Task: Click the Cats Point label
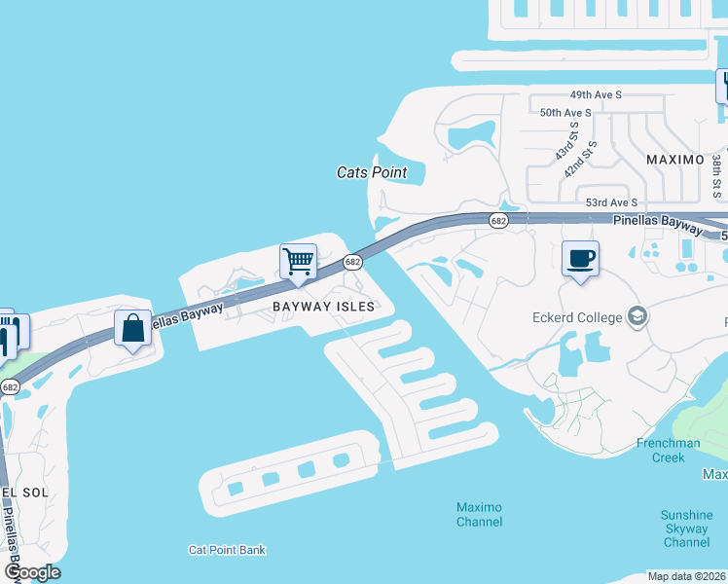(x=372, y=172)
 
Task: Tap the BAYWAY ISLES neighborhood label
(x=323, y=306)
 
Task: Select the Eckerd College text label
(x=576, y=316)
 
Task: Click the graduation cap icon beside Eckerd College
(x=637, y=315)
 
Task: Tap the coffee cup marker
(x=580, y=259)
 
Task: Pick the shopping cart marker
(x=298, y=260)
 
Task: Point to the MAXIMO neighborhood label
(x=674, y=159)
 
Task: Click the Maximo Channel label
(x=480, y=514)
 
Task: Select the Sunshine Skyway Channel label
(x=686, y=529)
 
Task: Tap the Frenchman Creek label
(x=668, y=450)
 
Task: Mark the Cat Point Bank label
(x=227, y=550)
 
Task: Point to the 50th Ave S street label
(x=565, y=113)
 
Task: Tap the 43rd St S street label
(x=566, y=142)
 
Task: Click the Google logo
(x=32, y=572)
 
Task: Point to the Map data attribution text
(x=687, y=576)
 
